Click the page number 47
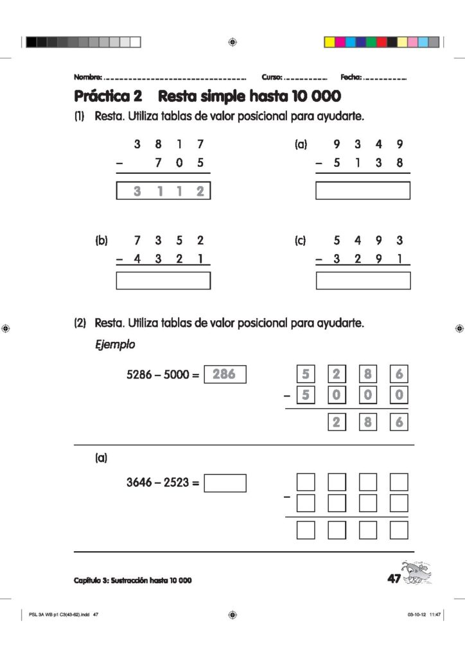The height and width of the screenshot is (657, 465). [x=394, y=579]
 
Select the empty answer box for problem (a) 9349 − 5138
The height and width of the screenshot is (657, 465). [x=363, y=191]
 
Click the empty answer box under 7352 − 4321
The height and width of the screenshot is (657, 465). [x=163, y=281]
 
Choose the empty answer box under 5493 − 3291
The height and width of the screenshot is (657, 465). [x=363, y=281]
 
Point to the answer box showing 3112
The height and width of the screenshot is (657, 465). [x=163, y=191]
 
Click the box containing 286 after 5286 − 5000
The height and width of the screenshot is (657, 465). [x=225, y=373]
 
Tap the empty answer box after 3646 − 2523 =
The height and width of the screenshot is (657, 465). [x=225, y=483]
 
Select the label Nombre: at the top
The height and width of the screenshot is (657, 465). [x=88, y=77]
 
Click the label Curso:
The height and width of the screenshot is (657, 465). [x=272, y=77]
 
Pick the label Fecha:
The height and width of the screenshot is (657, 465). [x=351, y=77]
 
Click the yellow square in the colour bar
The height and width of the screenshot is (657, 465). [x=329, y=42]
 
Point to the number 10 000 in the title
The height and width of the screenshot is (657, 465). [x=315, y=97]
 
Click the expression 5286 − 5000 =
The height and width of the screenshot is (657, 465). [x=164, y=373]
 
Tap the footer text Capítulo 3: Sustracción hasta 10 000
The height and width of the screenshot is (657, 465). [x=133, y=581]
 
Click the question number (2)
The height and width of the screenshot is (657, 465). [x=80, y=323]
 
